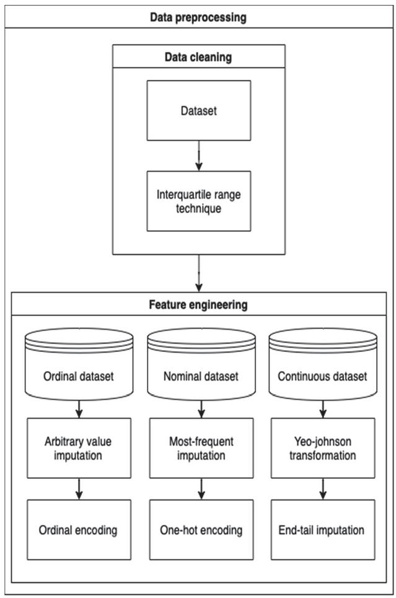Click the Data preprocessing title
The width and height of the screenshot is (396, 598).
point(198,17)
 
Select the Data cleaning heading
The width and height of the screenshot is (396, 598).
point(198,57)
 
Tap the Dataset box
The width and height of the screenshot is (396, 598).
point(198,111)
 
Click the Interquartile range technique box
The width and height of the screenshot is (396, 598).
point(198,201)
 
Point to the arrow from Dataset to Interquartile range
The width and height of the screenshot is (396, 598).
point(198,156)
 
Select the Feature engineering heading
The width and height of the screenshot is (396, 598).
point(198,305)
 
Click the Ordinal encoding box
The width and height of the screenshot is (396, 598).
point(79,530)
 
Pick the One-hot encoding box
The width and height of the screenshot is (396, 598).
point(201,530)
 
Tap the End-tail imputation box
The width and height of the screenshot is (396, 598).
point(322,530)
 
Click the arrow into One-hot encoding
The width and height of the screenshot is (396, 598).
point(201,490)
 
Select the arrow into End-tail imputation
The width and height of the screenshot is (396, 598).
point(322,490)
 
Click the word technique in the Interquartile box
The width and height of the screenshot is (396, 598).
point(198,208)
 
